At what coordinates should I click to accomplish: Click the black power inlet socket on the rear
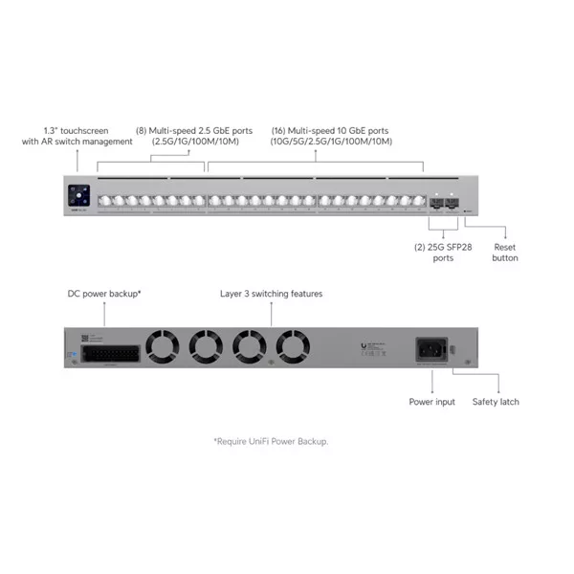[x=429, y=348]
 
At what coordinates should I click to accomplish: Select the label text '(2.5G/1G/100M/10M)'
[x=196, y=142]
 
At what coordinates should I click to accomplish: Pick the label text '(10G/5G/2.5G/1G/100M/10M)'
[x=331, y=142]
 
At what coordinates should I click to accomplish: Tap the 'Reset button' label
[x=504, y=253]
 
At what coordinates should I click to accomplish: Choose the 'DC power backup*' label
[x=104, y=294]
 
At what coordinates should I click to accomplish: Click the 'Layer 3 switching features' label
[x=271, y=294]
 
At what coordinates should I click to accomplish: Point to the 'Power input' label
[x=432, y=402]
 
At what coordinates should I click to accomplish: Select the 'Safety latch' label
[x=496, y=402]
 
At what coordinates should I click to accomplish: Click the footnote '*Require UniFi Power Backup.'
[x=277, y=441]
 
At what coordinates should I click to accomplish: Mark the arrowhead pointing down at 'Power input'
[x=432, y=388]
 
